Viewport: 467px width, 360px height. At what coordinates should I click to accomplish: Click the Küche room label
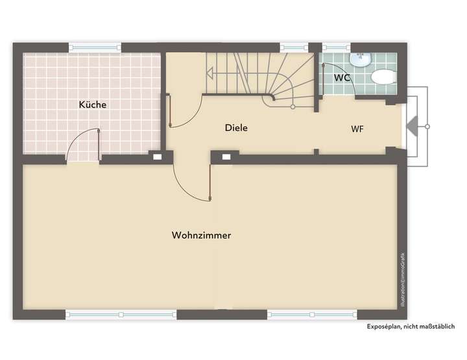pyautogui.click(x=93, y=104)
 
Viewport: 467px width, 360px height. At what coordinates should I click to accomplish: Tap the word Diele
pyautogui.click(x=236, y=128)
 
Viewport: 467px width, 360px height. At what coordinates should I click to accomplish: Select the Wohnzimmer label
pyautogui.click(x=202, y=235)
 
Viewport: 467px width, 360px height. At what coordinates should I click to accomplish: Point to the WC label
pyautogui.click(x=342, y=78)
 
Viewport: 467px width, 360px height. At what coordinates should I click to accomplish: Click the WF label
pyautogui.click(x=357, y=128)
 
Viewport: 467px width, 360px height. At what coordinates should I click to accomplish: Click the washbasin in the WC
pyautogui.click(x=359, y=60)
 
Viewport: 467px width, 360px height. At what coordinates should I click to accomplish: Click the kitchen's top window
pyautogui.click(x=95, y=47)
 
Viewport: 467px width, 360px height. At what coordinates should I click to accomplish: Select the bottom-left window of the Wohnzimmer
pyautogui.click(x=121, y=314)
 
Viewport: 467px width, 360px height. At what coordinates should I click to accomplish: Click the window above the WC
pyautogui.click(x=336, y=47)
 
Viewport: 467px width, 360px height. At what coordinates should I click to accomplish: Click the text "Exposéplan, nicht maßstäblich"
pyautogui.click(x=411, y=326)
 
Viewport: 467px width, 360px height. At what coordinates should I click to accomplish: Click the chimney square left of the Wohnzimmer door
pyautogui.click(x=157, y=156)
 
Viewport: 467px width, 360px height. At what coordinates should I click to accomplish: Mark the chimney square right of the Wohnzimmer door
pyautogui.click(x=226, y=156)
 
